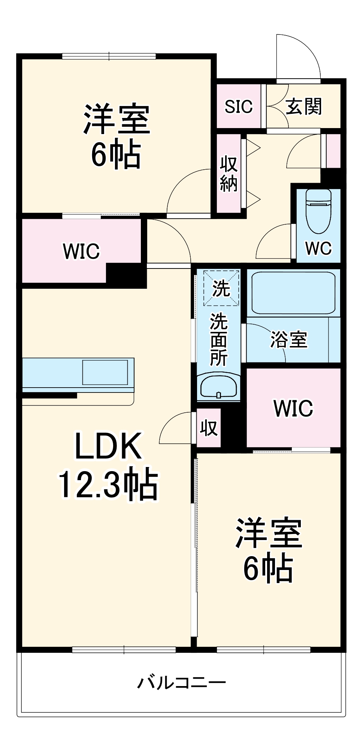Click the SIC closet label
[239, 106]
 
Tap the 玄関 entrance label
[303, 106]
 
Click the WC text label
[318, 248]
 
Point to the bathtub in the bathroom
[293, 292]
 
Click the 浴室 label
[288, 340]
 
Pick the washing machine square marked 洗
[221, 288]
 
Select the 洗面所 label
[219, 339]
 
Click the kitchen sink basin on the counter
[105, 372]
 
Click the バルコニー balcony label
[181, 682]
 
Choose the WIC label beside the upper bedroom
[81, 251]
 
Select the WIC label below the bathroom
[293, 408]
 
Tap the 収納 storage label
[229, 174]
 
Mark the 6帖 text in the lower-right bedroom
[268, 568]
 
